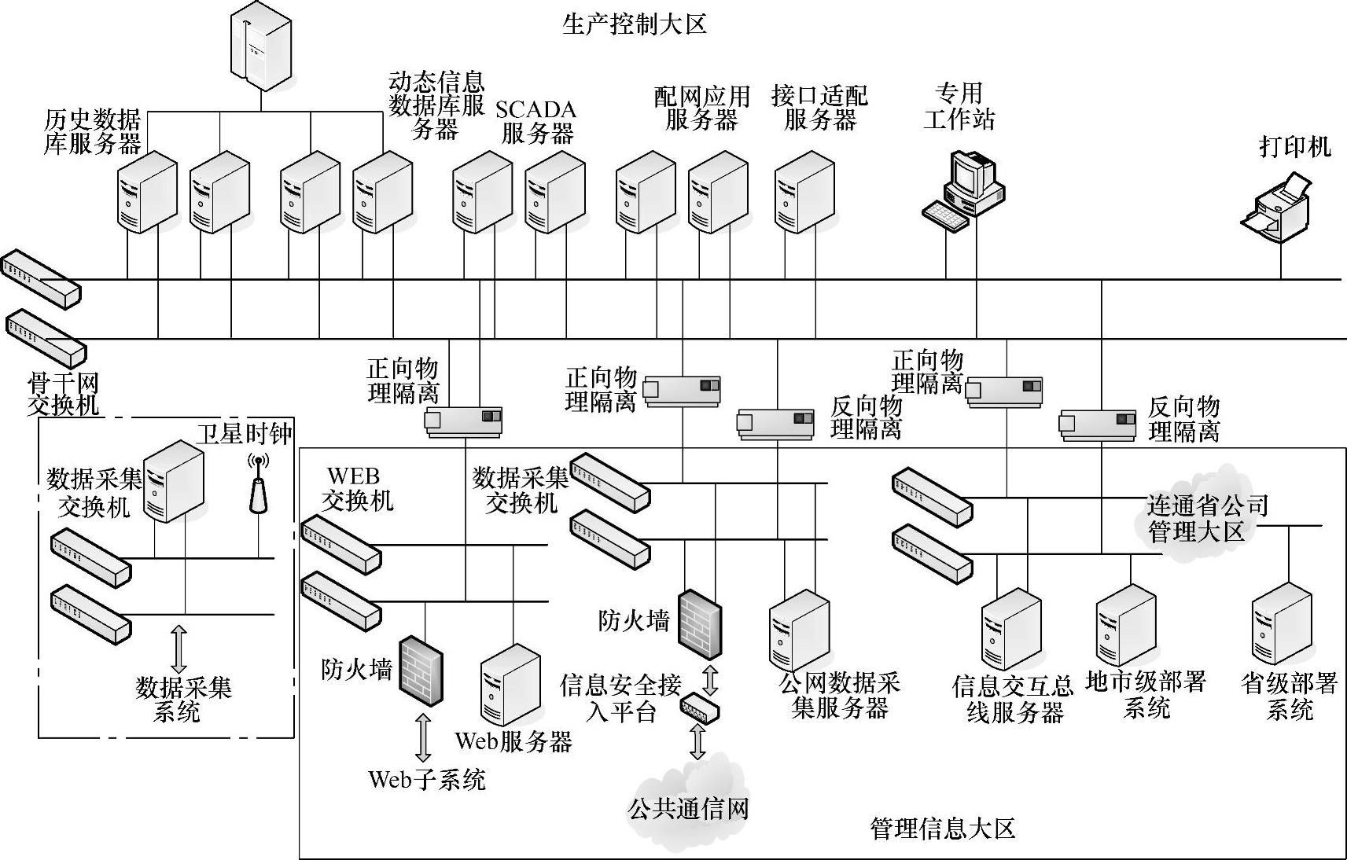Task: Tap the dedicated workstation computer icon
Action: click(966, 189)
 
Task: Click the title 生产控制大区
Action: click(635, 24)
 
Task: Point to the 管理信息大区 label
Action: click(942, 829)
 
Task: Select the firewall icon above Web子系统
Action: click(420, 670)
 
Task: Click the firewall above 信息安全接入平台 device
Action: click(700, 623)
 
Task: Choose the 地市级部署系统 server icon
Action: click(1126, 625)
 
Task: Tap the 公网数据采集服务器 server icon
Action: click(799, 629)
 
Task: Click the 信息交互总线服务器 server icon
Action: click(1011, 629)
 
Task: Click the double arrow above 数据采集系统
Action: click(178, 649)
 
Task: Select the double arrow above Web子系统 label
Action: click(423, 737)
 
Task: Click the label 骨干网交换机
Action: click(63, 394)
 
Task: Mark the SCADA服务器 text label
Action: click(536, 121)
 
